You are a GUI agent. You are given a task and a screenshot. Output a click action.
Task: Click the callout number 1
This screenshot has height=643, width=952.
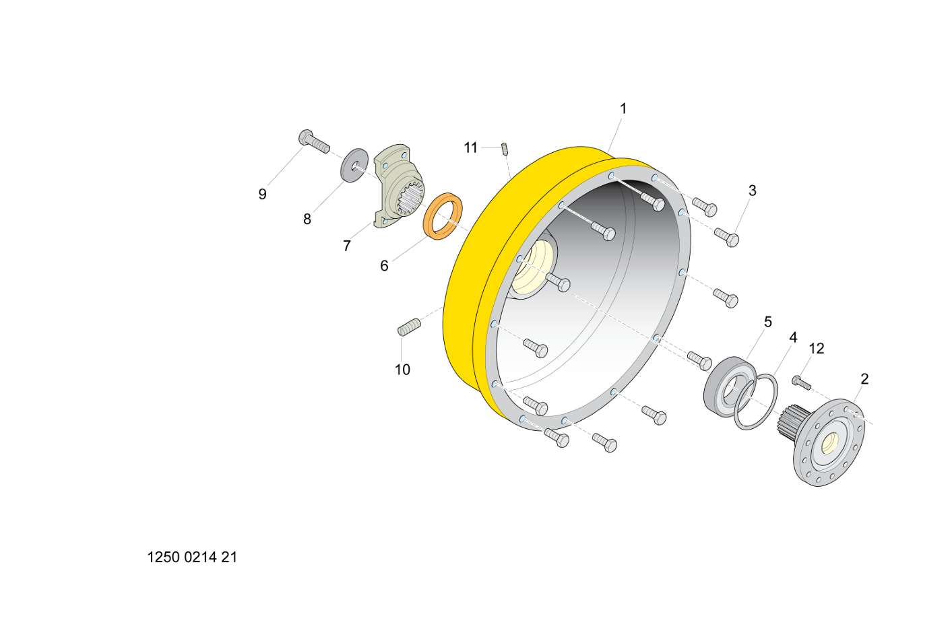click(x=623, y=108)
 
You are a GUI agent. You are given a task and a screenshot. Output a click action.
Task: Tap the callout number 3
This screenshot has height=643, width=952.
click(x=753, y=191)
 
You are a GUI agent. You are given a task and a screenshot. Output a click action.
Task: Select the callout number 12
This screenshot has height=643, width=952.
click(x=817, y=349)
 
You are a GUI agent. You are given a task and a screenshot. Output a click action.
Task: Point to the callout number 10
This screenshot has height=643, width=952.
click(x=402, y=370)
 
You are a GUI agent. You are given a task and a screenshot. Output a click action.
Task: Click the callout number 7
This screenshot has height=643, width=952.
click(x=347, y=246)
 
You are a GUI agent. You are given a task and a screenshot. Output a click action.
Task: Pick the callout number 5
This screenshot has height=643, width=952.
click(x=768, y=322)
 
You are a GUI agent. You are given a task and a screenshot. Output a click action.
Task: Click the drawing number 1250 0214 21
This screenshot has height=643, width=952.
click(x=192, y=557)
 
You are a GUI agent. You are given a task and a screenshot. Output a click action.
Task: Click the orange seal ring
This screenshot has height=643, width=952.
click(x=443, y=215)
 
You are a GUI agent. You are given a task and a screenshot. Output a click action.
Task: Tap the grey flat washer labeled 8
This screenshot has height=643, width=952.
click(x=354, y=165)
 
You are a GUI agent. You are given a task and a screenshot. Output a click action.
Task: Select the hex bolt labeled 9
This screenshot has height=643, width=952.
click(x=314, y=141)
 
